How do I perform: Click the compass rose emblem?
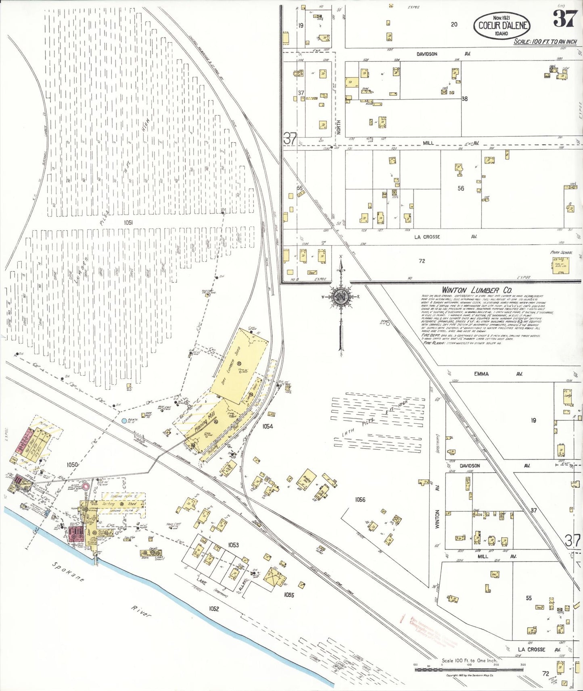(x=341, y=297)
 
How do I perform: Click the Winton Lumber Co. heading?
(x=476, y=290)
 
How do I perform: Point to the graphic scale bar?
(x=469, y=670)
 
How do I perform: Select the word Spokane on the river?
(x=68, y=572)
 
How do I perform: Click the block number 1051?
(x=129, y=222)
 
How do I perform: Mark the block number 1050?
(x=72, y=465)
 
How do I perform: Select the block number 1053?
(x=233, y=545)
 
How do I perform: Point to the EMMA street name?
(x=481, y=374)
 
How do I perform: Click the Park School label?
(x=561, y=252)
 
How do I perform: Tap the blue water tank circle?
(x=124, y=420)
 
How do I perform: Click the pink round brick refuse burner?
(x=86, y=486)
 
